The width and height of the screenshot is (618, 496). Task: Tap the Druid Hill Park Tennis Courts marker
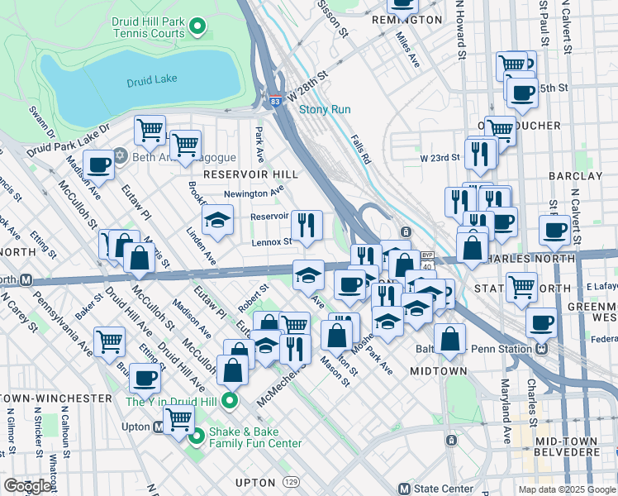click(197, 27)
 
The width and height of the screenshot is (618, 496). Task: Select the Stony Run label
click(325, 109)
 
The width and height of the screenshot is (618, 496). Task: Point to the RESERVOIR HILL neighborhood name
click(250, 174)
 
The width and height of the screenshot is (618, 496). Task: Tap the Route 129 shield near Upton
click(291, 481)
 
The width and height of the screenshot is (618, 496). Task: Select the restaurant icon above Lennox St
click(307, 224)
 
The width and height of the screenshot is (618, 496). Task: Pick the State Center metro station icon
click(404, 488)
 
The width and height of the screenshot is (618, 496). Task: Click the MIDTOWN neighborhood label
click(439, 371)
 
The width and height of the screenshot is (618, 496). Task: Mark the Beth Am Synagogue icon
click(120, 155)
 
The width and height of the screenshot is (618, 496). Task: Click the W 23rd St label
click(439, 157)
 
